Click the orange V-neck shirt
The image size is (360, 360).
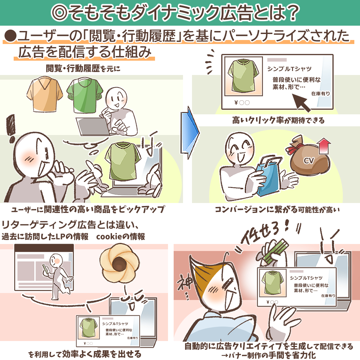click(45, 94)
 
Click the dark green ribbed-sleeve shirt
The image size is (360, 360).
click(85, 95)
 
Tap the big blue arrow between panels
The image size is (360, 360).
click(190, 133)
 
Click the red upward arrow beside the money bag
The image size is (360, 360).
click(323, 146)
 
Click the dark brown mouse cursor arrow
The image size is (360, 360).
click(302, 103)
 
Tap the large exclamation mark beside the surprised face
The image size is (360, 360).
click(11, 129)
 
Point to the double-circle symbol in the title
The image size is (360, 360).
click(59, 12)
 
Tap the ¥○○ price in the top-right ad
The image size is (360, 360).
click(242, 103)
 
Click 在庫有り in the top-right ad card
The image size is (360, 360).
click(321, 93)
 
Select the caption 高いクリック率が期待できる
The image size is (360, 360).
click(278, 120)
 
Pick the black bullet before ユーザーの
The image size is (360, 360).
click(11, 36)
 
